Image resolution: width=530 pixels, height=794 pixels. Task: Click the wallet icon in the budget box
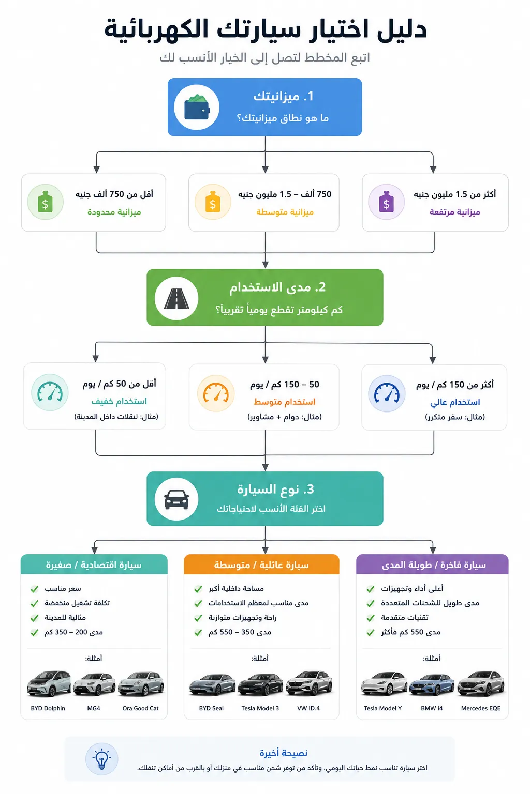197,107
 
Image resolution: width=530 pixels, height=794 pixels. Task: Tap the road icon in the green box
176,298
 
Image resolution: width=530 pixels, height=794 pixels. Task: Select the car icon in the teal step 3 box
176,499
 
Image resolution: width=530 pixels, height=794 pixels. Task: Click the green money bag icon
45,202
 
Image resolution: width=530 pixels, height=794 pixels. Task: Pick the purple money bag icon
386,202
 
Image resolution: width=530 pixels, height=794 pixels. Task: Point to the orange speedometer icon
216,393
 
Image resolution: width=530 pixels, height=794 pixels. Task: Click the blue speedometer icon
387,393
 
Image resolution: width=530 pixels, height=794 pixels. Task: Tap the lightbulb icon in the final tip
102,759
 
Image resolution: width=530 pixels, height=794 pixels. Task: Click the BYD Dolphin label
48,708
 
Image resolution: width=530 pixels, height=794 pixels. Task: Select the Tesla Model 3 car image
260,684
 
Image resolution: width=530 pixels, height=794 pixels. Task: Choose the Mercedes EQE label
481,708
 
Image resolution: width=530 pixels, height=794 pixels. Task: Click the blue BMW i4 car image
432,684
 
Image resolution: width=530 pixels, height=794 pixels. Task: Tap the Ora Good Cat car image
141,684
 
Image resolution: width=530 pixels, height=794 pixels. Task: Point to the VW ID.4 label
308,708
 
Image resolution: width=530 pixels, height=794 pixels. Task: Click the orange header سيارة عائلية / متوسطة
261,564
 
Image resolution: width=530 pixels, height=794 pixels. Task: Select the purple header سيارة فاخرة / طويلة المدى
432,564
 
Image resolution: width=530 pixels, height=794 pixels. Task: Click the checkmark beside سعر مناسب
35,589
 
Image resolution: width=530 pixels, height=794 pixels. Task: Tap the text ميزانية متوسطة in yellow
285,212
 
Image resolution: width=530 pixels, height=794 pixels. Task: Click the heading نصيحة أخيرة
283,753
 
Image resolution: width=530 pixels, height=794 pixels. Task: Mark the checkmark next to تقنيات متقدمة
371,618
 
